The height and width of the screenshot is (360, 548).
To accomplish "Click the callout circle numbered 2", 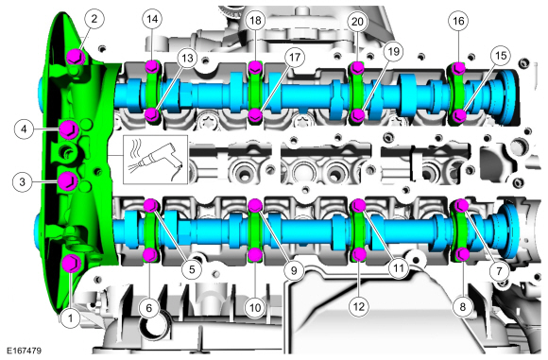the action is pyautogui.click(x=94, y=19).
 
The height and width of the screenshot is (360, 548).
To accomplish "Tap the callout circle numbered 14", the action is pyautogui.click(x=152, y=19).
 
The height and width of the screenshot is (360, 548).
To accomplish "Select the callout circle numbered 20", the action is pyautogui.click(x=357, y=22).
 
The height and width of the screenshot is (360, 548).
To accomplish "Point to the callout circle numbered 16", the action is pyautogui.click(x=458, y=21).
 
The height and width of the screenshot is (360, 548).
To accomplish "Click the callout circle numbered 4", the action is pyautogui.click(x=24, y=129).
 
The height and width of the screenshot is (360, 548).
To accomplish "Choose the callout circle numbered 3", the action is pyautogui.click(x=23, y=181).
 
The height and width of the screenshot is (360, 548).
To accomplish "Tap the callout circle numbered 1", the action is pyautogui.click(x=71, y=318).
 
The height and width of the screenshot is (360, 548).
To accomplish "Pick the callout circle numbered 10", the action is pyautogui.click(x=255, y=308).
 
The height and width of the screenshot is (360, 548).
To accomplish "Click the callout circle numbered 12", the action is pyautogui.click(x=359, y=306).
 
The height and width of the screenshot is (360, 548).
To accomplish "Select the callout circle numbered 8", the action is pyautogui.click(x=462, y=306).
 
